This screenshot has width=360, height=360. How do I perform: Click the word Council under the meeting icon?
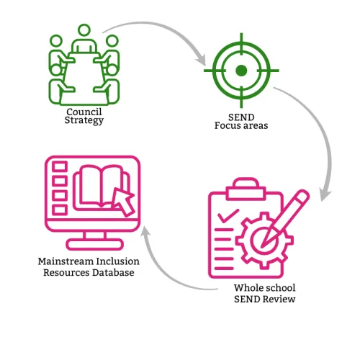(x=84, y=112)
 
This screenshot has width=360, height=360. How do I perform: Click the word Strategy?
(x=84, y=120)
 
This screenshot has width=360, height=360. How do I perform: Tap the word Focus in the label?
(x=226, y=125)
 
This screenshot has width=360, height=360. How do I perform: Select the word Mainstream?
(x=66, y=261)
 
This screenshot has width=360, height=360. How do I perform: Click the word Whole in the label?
(x=248, y=288)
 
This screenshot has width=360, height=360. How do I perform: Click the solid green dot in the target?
(x=241, y=71)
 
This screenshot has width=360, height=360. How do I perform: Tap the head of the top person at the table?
(x=84, y=30)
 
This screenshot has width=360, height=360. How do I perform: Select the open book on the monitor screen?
(x=101, y=187)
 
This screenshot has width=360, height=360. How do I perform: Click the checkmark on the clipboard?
(x=228, y=215)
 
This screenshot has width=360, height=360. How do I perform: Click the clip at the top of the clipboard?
(x=246, y=189)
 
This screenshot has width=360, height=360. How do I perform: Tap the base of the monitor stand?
(x=95, y=244)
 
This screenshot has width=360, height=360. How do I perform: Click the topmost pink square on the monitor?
(x=60, y=166)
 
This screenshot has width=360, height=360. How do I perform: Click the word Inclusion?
(x=118, y=261)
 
